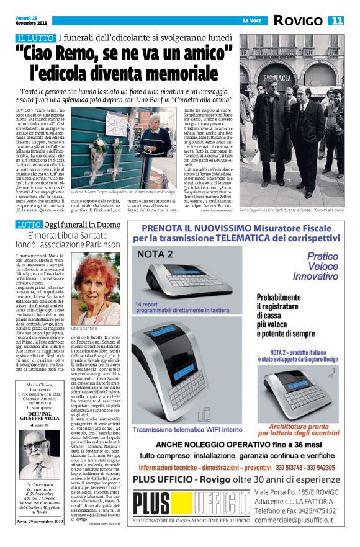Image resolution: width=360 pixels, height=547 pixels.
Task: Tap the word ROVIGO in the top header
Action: (x=299, y=20)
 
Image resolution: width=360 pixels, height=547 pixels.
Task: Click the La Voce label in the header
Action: (x=252, y=21)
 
